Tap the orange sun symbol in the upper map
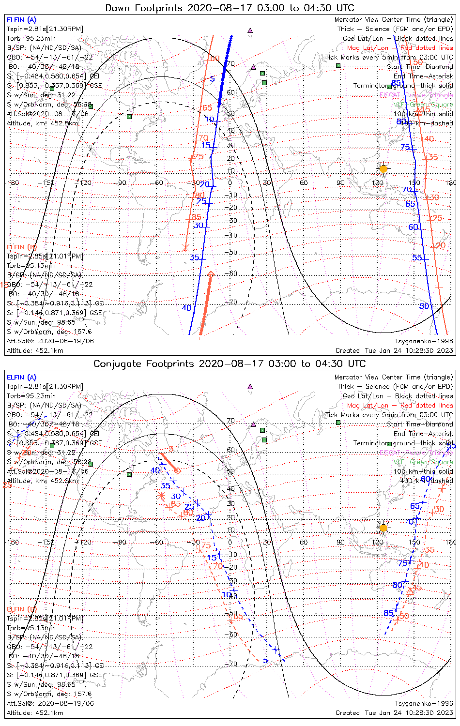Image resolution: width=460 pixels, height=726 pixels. coord(383,168)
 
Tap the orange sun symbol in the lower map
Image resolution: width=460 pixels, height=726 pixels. coord(383,528)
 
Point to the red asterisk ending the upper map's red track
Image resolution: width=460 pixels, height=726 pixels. coord(185,247)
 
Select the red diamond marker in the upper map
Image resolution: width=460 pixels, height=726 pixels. coord(211,274)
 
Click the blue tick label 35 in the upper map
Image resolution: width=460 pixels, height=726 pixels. coord(194,257)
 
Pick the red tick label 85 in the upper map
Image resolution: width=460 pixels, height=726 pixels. coord(196,217)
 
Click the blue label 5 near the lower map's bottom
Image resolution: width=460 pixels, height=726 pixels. coord(265,661)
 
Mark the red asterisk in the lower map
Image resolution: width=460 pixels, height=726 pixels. coord(162,495)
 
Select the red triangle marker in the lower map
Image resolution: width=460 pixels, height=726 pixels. coord(410,591)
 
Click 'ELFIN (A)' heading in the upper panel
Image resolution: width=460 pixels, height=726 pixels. coord(21,20)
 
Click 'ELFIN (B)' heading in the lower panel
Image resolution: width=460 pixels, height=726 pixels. coord(21,609)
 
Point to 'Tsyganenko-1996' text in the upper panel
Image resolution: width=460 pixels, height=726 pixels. coord(424,341)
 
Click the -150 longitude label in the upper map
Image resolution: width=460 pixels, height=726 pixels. coord(48,183)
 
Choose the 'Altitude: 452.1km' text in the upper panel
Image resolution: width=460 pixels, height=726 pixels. coord(35,350)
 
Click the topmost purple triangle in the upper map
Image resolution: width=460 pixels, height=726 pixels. coord(250,30)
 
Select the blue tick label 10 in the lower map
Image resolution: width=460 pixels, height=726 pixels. coord(227,594)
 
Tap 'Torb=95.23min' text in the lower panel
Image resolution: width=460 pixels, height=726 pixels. coord(31,396)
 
